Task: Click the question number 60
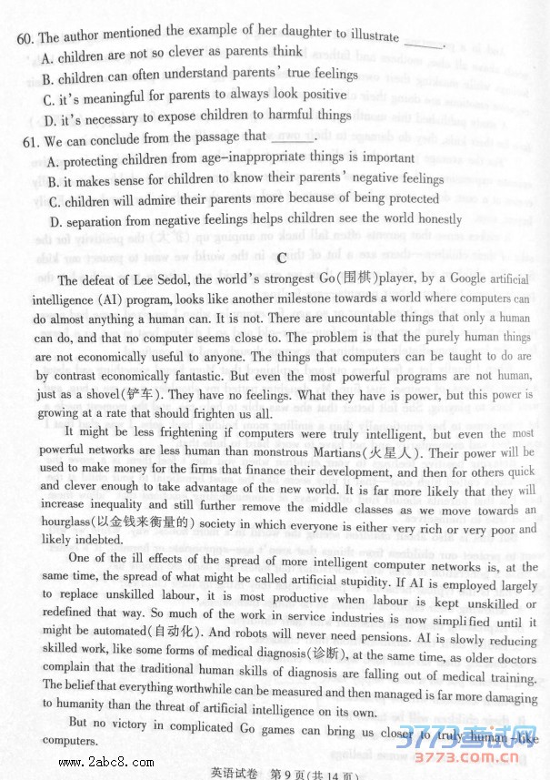pos(25,38)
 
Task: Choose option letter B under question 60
pos(48,79)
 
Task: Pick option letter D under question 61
pos(55,220)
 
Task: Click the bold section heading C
pos(283,258)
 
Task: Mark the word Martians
pos(326,452)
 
